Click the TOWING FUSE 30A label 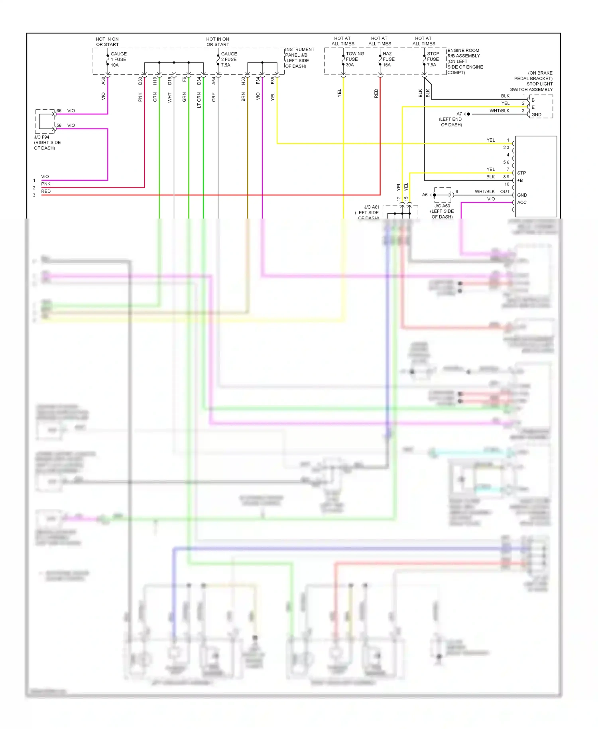coord(354,59)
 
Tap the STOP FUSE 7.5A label coord(433,59)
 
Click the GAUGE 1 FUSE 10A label coord(118,59)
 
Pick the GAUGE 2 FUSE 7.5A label coord(229,59)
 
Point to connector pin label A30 coord(103,81)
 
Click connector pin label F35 coord(273,81)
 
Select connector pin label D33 coord(140,81)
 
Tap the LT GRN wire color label coord(199,100)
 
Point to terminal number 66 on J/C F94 coord(59,110)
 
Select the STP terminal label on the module coord(521,173)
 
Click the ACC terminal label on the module coord(521,203)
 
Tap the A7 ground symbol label coord(459,114)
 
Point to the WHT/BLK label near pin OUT coord(484,192)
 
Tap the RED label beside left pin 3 coord(46,191)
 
